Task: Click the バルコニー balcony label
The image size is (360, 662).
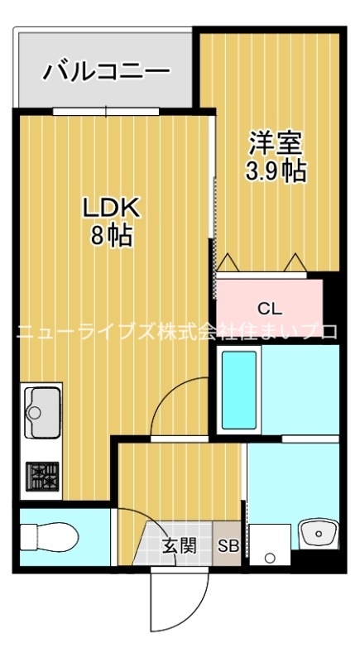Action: tap(106, 70)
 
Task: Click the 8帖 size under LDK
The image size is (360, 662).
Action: tap(111, 236)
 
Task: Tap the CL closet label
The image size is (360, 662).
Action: tap(270, 309)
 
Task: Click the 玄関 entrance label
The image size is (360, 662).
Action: tap(179, 545)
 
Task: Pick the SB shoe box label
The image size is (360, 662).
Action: tap(228, 546)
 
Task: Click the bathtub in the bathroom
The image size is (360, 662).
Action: tap(239, 389)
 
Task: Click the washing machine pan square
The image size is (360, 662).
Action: tap(269, 545)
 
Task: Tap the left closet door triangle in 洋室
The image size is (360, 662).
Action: tap(228, 262)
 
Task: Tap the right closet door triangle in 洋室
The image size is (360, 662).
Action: tap(295, 262)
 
